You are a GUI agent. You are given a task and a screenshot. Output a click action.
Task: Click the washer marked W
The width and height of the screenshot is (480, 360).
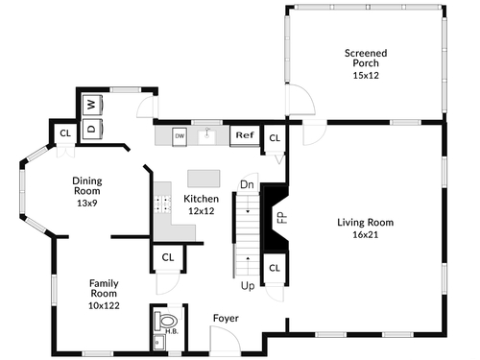(x=93, y=105)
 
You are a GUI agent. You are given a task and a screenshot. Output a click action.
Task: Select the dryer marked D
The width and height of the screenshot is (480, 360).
(x=93, y=129)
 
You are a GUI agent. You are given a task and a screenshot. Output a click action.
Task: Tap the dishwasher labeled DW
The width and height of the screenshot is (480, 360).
(x=180, y=136)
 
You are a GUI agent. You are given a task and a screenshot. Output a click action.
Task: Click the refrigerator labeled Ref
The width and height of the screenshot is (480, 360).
(x=245, y=135)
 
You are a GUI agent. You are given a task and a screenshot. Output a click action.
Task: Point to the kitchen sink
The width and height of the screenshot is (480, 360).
(x=207, y=137)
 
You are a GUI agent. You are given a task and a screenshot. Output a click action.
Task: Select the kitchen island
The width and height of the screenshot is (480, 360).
(x=204, y=179)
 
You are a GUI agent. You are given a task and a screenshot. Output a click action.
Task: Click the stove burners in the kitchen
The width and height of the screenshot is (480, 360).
(x=162, y=204)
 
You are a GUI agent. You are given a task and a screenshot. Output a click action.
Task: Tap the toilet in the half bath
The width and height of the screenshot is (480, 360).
(x=166, y=321)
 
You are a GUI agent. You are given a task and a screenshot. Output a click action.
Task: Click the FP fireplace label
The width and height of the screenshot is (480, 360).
(x=282, y=218)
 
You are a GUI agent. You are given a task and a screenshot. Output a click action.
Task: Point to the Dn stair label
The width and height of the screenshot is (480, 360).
(x=247, y=184)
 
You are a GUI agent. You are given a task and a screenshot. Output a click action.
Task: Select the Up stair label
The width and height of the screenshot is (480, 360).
(x=248, y=286)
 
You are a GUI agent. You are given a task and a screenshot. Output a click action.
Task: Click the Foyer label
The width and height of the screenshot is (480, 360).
(x=226, y=319)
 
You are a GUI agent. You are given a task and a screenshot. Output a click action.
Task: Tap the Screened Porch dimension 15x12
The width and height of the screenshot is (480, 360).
(x=366, y=76)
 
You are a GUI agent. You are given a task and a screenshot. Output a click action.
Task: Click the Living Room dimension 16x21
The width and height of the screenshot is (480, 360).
(x=366, y=234)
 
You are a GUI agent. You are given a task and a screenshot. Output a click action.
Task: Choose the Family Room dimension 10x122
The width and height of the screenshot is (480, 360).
(x=104, y=305)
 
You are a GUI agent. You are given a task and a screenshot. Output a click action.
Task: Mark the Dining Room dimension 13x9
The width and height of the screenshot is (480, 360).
(x=87, y=203)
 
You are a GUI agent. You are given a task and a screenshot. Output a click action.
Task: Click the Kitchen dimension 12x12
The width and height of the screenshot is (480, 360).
(x=202, y=211)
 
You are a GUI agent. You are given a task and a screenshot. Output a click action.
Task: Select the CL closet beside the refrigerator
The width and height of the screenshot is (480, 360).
(x=275, y=138)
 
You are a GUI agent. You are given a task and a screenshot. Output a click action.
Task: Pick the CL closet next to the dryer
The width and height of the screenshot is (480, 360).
(x=65, y=133)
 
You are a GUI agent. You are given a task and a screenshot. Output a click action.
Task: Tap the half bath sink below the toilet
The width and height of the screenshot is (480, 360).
(x=159, y=343)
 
